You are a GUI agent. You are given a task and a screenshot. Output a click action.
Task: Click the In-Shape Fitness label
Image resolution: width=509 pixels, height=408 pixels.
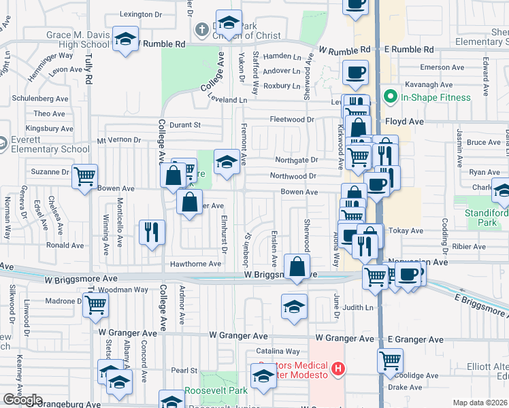(x=436, y=97)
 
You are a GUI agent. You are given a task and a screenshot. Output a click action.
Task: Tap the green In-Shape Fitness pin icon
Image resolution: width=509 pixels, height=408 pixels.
(x=390, y=97)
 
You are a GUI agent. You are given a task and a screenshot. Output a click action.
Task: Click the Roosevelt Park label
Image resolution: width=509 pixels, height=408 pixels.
(x=216, y=391)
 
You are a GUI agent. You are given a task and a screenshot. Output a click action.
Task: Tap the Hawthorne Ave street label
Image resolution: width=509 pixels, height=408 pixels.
(x=196, y=264)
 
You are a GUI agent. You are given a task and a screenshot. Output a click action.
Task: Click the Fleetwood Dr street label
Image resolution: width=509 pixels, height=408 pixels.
(x=291, y=120)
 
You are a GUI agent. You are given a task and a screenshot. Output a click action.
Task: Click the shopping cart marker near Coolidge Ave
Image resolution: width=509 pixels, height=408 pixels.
(x=390, y=360)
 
